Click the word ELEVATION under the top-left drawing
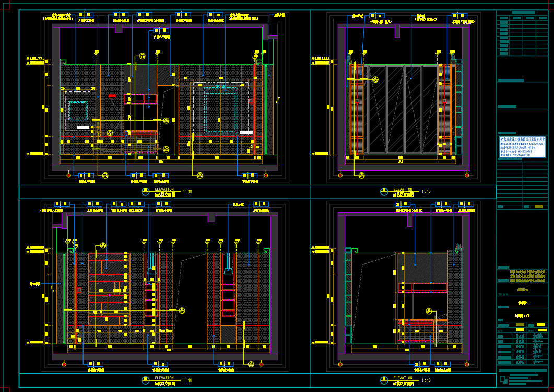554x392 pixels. click(164, 189)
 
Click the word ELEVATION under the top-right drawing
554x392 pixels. click(403, 189)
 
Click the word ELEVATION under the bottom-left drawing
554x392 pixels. click(164, 378)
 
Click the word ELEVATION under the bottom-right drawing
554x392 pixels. click(403, 378)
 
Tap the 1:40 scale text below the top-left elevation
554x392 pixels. click(187, 192)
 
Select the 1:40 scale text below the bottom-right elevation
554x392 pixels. click(426, 381)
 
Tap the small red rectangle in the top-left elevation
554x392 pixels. click(112, 96)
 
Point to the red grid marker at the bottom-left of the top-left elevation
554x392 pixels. click(68, 175)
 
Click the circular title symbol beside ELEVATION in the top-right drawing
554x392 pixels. click(384, 191)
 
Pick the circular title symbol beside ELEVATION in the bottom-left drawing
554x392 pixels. click(145, 380)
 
